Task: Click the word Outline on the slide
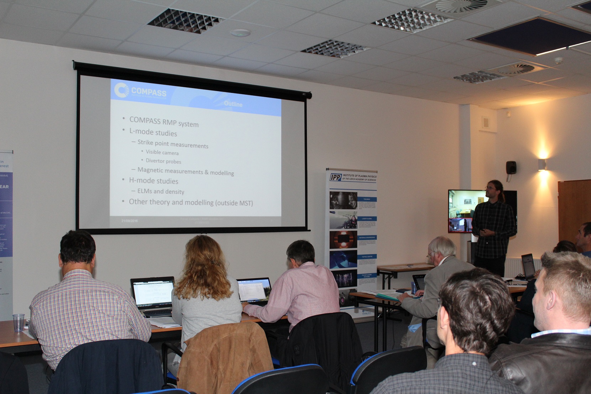tap(233, 104)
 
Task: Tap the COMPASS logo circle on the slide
tap(121, 90)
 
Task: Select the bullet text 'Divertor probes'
tap(163, 161)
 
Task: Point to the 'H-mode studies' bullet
tap(153, 181)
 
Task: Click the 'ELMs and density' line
tap(161, 191)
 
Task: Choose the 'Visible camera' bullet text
tap(162, 152)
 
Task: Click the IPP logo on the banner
tap(336, 177)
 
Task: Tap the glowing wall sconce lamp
tap(542, 164)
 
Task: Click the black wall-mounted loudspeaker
tap(511, 168)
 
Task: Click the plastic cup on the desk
tap(19, 322)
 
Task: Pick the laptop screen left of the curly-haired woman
tap(153, 292)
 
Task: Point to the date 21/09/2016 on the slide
tap(130, 221)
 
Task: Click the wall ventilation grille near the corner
tap(486, 123)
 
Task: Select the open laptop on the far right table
tap(528, 266)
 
